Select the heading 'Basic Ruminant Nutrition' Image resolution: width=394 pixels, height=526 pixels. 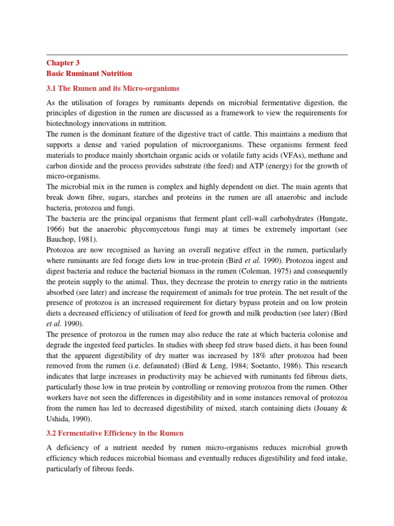(x=89, y=73)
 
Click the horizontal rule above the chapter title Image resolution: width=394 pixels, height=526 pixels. (x=197, y=54)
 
